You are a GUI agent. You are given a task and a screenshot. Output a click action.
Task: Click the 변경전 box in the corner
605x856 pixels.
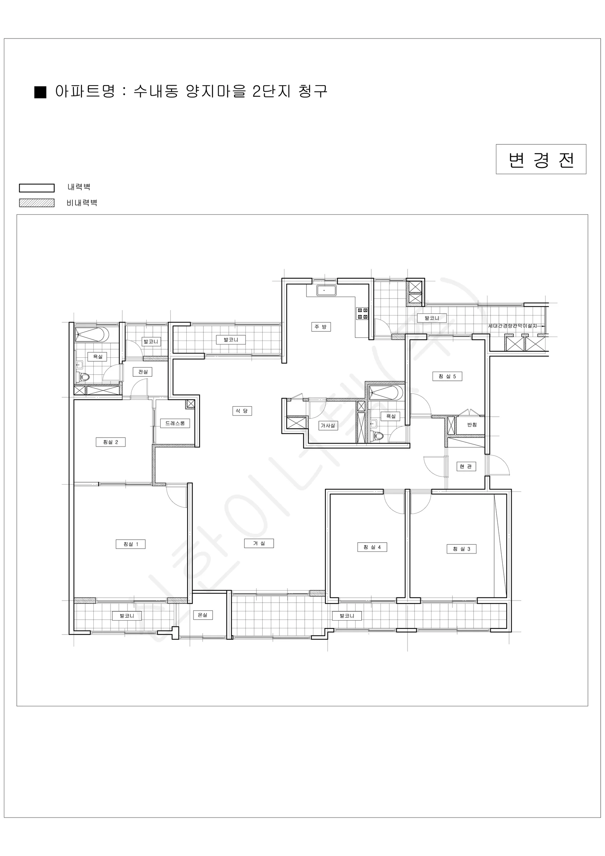[541, 159]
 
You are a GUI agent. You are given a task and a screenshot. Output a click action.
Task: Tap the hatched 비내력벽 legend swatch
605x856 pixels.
[36, 203]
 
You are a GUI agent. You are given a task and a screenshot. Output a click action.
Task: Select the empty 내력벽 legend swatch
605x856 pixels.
[36, 188]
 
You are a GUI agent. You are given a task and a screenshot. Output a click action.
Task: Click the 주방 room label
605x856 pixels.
[321, 327]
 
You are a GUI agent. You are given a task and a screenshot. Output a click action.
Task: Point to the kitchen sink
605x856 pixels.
[326, 290]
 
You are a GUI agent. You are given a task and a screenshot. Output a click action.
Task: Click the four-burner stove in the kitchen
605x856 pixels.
[362, 314]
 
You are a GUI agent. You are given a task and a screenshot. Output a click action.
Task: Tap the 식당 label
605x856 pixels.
[242, 411]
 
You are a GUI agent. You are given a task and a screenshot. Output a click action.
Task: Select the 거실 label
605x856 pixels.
[259, 543]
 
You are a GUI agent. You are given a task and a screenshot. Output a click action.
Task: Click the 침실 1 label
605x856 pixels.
[130, 544]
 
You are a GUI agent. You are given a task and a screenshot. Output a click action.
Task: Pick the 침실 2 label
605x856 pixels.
[111, 442]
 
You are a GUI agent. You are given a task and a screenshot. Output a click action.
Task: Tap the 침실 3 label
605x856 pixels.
[461, 549]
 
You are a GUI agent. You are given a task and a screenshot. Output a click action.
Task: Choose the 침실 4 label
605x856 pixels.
[372, 547]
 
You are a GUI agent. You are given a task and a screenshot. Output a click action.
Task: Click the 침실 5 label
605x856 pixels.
[447, 376]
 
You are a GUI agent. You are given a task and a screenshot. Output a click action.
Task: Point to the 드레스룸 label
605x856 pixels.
[175, 423]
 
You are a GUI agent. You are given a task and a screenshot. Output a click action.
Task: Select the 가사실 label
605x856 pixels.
[328, 426]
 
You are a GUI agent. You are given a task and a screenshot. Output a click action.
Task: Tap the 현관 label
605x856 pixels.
[466, 467]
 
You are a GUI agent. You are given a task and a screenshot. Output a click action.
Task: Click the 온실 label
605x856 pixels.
[203, 615]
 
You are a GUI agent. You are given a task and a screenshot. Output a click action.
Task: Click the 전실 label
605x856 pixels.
[143, 372]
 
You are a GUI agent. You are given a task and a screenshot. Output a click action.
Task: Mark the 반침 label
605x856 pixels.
[472, 425]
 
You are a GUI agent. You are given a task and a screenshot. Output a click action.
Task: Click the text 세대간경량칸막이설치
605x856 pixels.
[513, 326]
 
